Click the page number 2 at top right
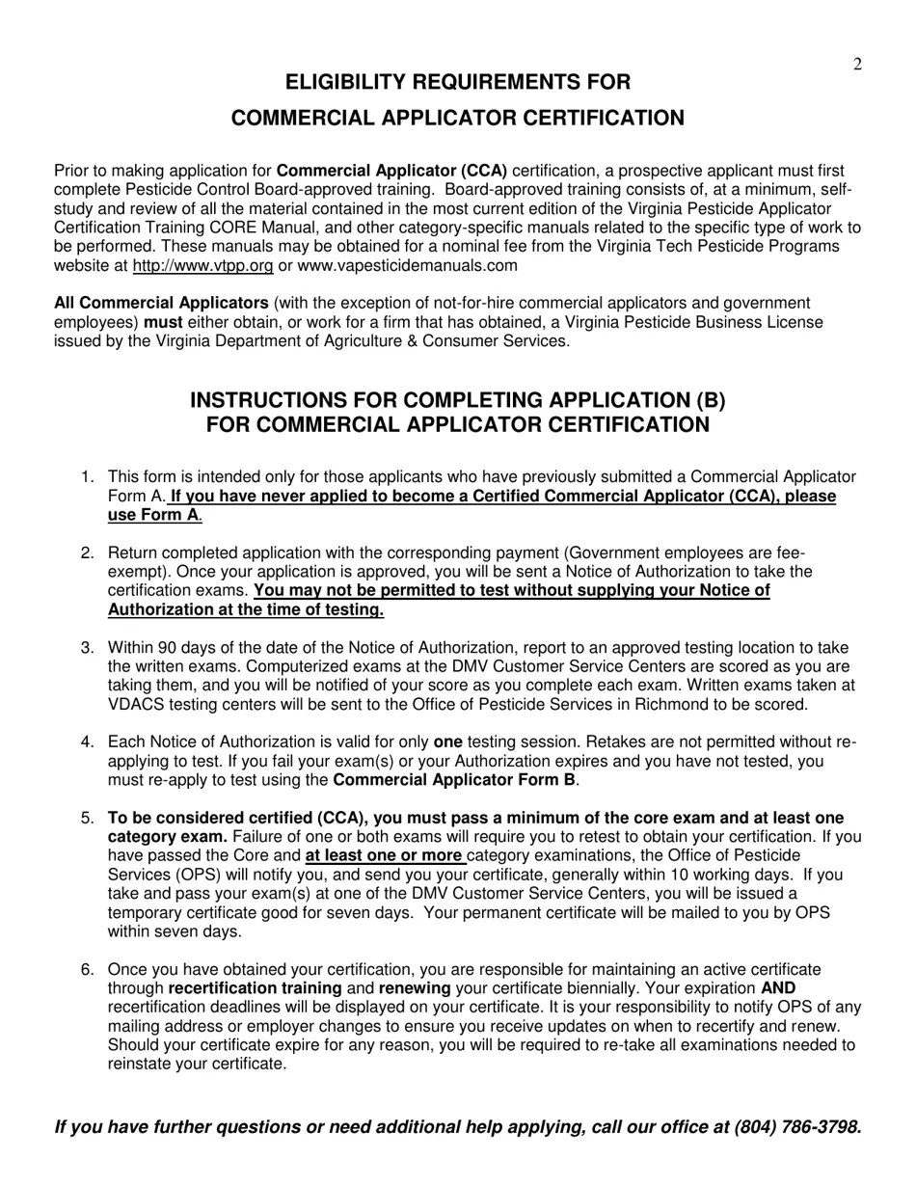(857, 65)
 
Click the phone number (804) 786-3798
(795, 1127)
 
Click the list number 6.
(88, 970)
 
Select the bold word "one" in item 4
(447, 742)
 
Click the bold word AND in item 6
(778, 988)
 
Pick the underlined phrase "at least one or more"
(384, 856)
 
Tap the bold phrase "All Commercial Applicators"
(161, 304)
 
